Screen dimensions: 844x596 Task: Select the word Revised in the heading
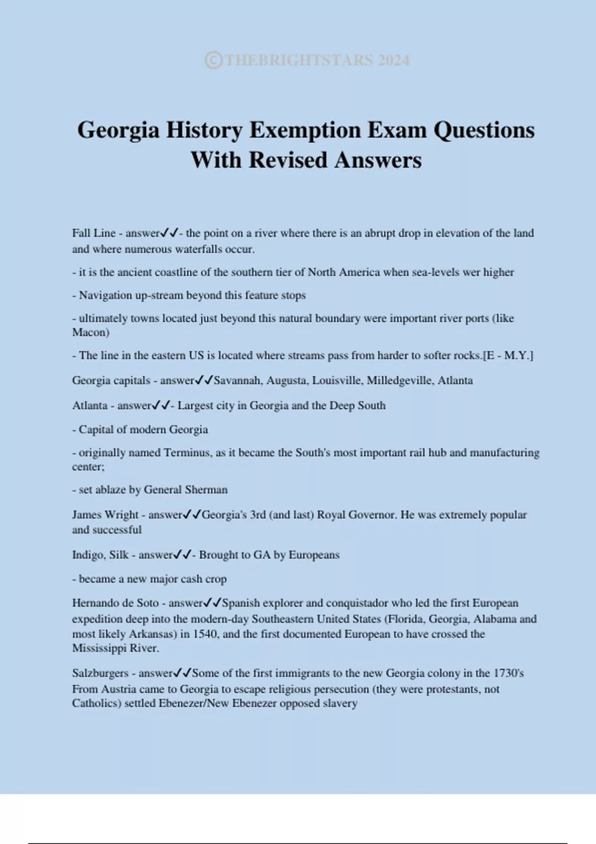pyautogui.click(x=289, y=160)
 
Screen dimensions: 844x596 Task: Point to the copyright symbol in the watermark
pyautogui.click(x=214, y=61)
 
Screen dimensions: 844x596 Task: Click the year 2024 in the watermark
pyautogui.click(x=393, y=61)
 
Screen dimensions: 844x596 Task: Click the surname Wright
pyautogui.click(x=122, y=515)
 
